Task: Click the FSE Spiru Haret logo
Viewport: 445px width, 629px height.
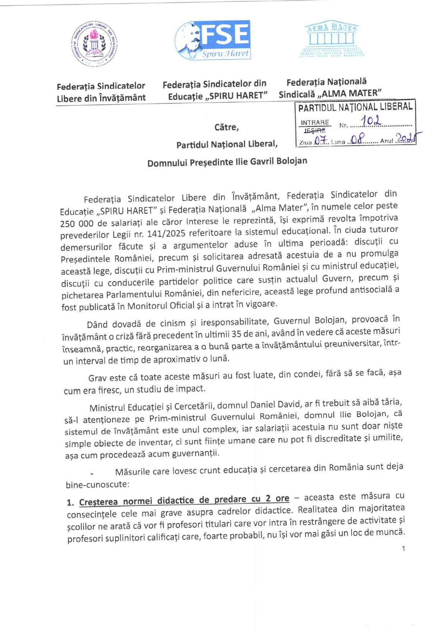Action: tap(213, 40)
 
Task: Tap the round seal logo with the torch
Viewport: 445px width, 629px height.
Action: tap(94, 44)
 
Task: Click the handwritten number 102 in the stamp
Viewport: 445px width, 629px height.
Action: tap(371, 121)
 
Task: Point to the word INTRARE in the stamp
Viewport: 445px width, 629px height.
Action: tap(315, 122)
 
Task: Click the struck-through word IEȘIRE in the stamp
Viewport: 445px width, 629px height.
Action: tap(315, 130)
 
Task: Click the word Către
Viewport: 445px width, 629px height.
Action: tap(226, 127)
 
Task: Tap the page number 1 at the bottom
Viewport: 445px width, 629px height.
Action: tap(403, 548)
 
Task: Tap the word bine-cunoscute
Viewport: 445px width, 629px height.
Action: tap(97, 484)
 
